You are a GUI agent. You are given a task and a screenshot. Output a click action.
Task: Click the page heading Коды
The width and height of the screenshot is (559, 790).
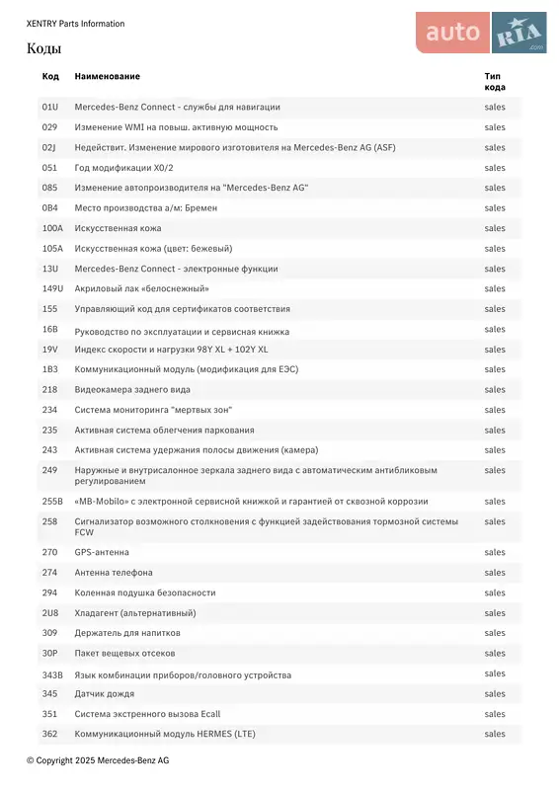[x=43, y=48]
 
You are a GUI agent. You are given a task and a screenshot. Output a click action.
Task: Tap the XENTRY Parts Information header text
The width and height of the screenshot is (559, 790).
[x=75, y=24]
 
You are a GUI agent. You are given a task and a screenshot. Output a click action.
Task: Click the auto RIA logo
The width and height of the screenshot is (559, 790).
[x=481, y=33]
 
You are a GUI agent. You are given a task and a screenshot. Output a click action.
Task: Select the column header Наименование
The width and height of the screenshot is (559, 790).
[x=107, y=76]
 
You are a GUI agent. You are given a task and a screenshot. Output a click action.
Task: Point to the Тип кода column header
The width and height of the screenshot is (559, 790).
[x=494, y=81]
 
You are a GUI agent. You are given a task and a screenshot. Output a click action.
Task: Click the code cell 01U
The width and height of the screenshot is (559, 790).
[x=49, y=107]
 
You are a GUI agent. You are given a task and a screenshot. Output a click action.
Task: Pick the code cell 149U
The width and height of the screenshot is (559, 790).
[x=52, y=288]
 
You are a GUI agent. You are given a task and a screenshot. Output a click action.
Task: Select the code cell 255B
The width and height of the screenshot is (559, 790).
[x=52, y=501]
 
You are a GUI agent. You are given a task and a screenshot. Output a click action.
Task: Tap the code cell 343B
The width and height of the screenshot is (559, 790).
[x=52, y=675]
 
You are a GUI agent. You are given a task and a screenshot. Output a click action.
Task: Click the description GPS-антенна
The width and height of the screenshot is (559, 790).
[x=102, y=552]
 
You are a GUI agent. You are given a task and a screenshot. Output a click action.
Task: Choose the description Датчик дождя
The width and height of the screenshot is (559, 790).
[x=105, y=694]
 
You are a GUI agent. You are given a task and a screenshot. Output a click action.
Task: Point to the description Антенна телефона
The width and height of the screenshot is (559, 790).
[x=114, y=573]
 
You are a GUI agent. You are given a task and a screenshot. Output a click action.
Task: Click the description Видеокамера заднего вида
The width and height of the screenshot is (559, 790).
[x=132, y=389]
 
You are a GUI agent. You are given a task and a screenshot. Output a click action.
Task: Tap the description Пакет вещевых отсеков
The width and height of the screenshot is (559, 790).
[x=124, y=653]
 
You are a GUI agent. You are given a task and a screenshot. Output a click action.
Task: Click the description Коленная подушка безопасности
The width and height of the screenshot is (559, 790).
[x=144, y=592]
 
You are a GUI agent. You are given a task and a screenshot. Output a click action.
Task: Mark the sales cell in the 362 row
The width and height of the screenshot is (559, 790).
[x=494, y=734]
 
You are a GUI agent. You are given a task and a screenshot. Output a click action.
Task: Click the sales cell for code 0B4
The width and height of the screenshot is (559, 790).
[x=494, y=207]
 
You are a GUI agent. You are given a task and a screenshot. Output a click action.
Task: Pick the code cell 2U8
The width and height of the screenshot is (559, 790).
[x=49, y=612]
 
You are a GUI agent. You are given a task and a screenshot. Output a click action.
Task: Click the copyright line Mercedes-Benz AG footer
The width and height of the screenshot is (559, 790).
[x=98, y=760]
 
